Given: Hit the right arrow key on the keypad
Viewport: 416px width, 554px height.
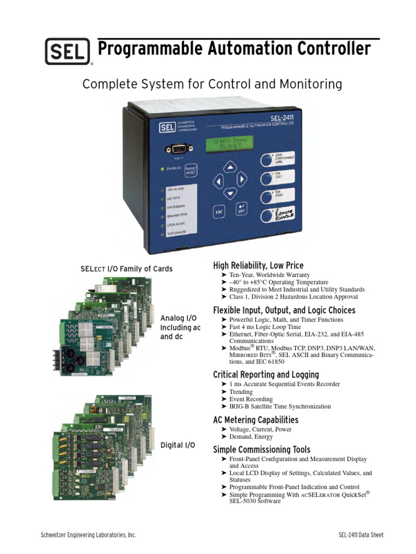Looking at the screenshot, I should coord(242,179).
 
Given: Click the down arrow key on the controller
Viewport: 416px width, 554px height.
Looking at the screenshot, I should coord(231,193).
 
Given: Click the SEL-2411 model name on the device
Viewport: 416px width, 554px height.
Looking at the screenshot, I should coord(287,116).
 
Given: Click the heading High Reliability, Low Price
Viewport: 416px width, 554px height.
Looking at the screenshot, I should coord(258,265).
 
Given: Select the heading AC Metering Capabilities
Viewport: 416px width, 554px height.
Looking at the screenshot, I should coord(256,420).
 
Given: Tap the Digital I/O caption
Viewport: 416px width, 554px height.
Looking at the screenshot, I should coord(178,445).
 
